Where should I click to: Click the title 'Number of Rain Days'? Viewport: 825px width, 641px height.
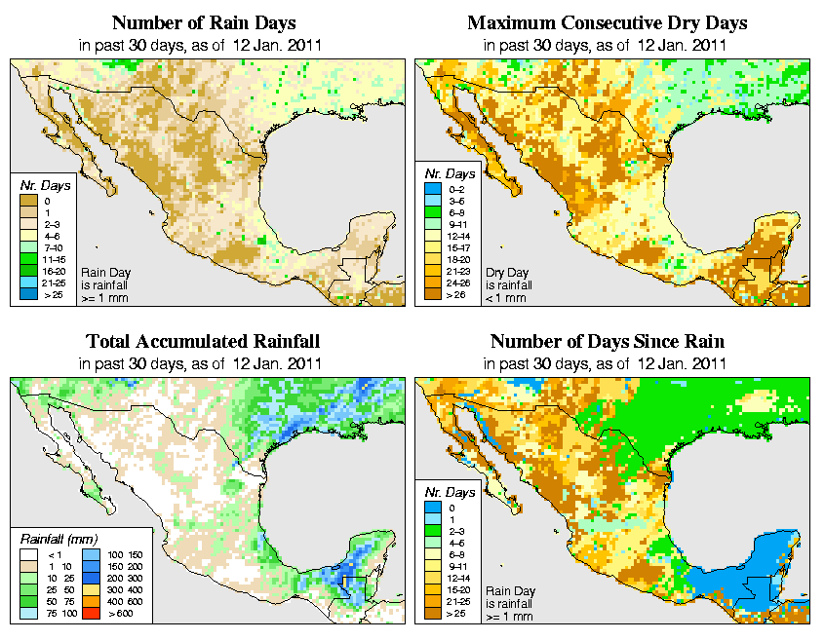(x=203, y=22)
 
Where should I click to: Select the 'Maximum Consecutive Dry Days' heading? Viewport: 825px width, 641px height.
(x=608, y=22)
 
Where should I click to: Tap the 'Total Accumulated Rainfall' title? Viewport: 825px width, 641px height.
(x=203, y=342)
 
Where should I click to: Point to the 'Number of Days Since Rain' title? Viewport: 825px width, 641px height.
(x=607, y=342)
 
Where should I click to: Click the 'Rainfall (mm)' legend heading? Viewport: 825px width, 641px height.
(x=56, y=538)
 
